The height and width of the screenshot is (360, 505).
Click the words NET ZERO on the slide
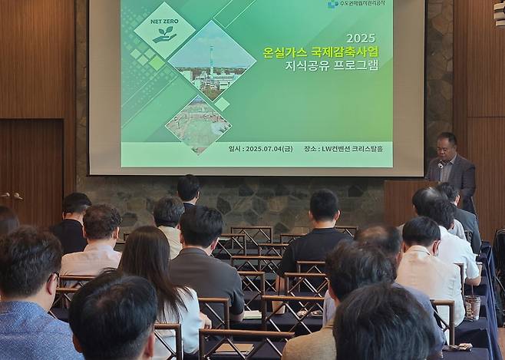tap(163, 22)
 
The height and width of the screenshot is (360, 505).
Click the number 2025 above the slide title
tap(361, 38)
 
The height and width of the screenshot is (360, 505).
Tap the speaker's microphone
tap(440, 166)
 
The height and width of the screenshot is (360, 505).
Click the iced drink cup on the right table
tap(472, 307)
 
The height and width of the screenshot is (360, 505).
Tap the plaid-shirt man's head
tap(102, 223)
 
